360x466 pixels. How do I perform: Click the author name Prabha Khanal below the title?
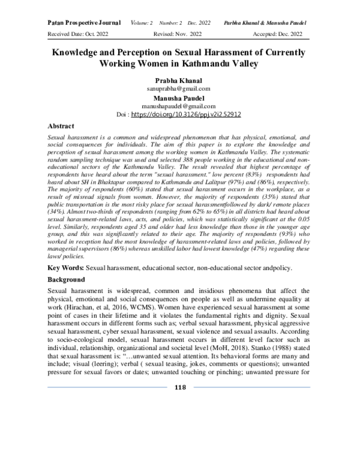180,79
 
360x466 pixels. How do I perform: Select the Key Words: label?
65,265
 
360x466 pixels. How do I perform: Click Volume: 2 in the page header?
144,22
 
